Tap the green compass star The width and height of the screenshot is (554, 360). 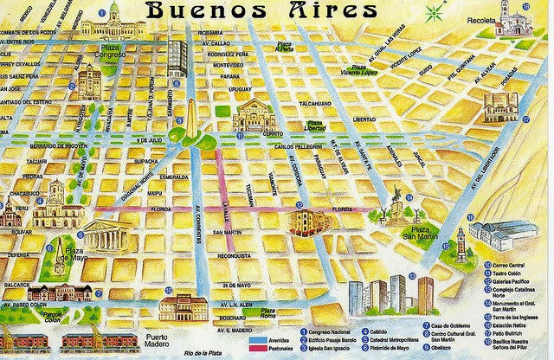(433, 12)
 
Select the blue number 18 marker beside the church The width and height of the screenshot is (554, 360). (525, 7)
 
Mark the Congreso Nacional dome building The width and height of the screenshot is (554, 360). (113, 22)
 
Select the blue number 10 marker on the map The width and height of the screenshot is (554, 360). (167, 291)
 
